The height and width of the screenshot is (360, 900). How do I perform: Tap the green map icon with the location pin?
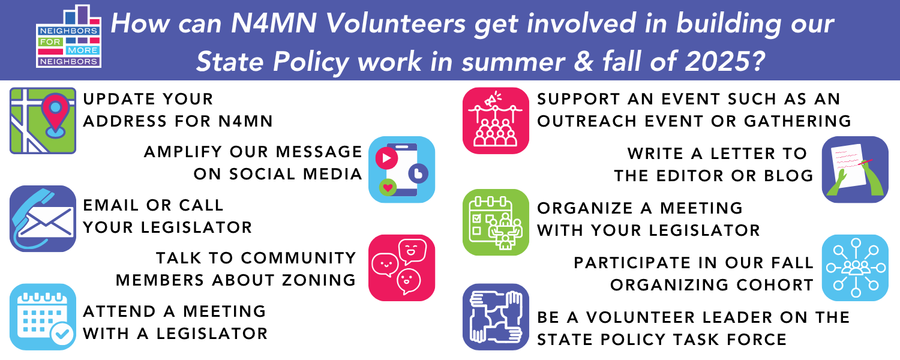click(43, 121)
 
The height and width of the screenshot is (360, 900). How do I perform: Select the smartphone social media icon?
click(402, 170)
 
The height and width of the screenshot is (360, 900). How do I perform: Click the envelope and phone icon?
click(43, 218)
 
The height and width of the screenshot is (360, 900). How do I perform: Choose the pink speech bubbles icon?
click(402, 268)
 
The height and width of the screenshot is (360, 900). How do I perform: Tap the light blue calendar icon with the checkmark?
click(43, 317)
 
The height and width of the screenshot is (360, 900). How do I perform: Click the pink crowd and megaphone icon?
click(496, 121)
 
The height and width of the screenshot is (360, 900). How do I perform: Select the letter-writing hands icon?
click(855, 170)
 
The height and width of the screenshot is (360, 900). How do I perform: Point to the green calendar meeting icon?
click(496, 222)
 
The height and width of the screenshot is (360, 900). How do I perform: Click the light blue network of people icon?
click(855, 268)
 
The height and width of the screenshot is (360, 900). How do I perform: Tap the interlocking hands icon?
click(496, 317)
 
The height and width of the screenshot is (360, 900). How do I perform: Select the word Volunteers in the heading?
click(395, 23)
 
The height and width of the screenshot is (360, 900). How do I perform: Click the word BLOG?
click(789, 176)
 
